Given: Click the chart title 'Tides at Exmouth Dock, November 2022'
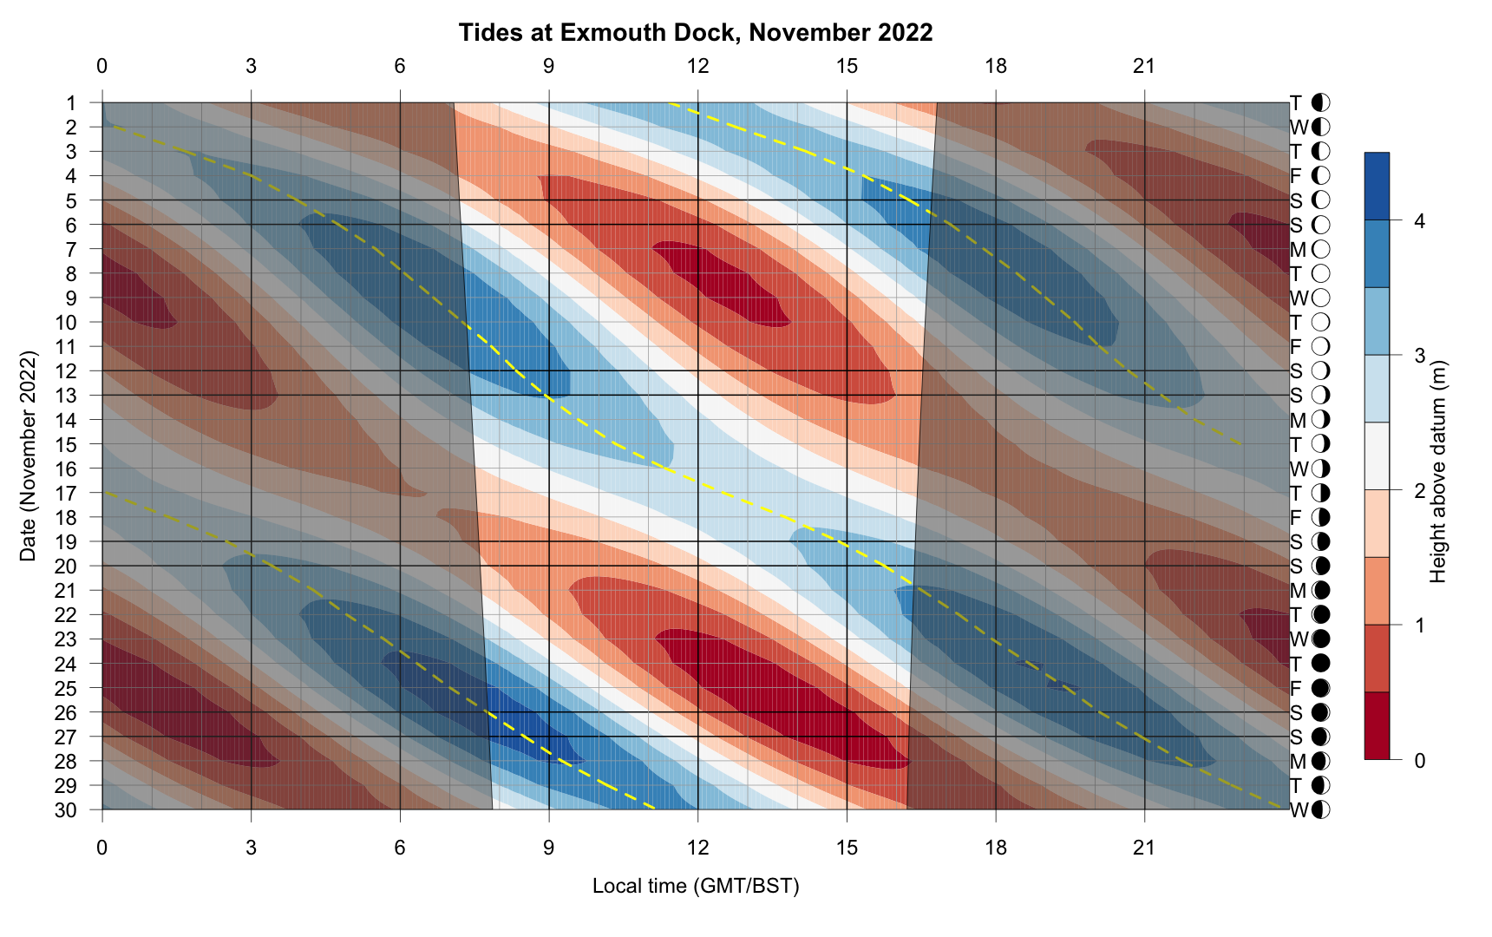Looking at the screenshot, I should click(x=696, y=33).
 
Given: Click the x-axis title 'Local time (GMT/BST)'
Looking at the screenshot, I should click(x=696, y=886).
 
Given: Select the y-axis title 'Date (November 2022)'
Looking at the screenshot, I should click(x=29, y=456).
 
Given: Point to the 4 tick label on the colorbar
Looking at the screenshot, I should click(x=1419, y=221).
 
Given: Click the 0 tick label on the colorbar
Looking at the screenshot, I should click(x=1419, y=761).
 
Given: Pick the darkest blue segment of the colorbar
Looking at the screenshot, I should click(x=1377, y=186).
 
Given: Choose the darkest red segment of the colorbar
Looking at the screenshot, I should click(x=1377, y=726).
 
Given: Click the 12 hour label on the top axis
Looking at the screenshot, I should click(x=697, y=66).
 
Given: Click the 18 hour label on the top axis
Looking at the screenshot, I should click(x=996, y=66).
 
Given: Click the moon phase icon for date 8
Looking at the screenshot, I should click(x=1321, y=274).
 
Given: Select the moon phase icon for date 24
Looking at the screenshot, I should click(x=1321, y=665).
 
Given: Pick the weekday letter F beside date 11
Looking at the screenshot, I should click(x=1296, y=347).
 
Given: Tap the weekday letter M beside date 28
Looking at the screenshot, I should click(x=1298, y=762).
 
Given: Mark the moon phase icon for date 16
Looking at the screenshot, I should click(x=1321, y=469).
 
